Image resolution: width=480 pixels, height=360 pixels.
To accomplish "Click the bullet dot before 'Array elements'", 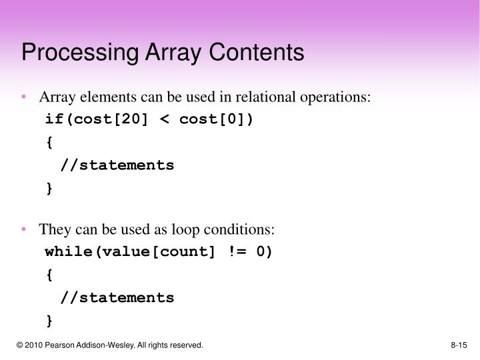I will click(x=24, y=97).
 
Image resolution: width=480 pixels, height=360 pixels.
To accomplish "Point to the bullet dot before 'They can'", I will click(x=24, y=229).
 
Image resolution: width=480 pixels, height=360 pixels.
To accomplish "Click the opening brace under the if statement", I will click(x=49, y=142).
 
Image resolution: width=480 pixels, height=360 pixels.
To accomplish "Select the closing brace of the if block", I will click(x=49, y=188).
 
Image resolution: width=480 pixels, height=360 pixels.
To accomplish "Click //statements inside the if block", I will click(x=117, y=165).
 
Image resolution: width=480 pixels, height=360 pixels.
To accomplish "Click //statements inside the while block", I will click(x=117, y=297).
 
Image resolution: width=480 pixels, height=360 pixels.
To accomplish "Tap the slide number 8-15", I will click(x=459, y=345).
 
